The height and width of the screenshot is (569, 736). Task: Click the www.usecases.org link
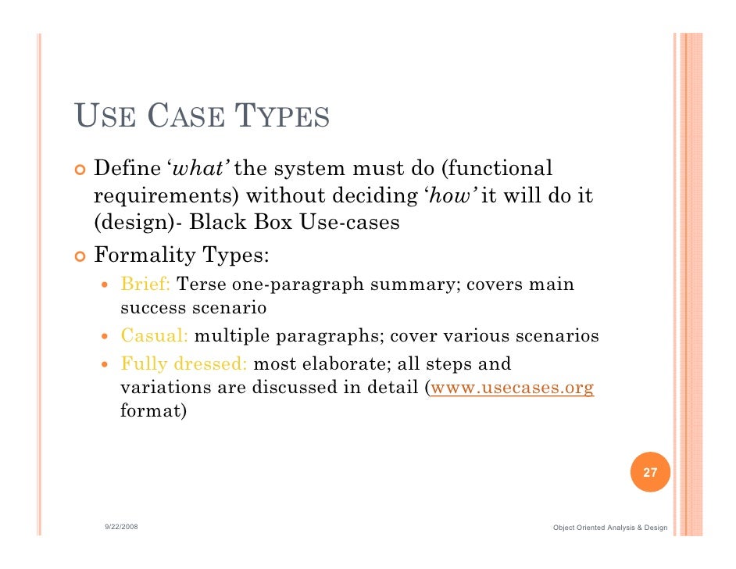pyautogui.click(x=513, y=388)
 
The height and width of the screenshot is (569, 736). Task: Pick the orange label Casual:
pyautogui.click(x=154, y=337)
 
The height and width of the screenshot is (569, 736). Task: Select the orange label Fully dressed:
pyautogui.click(x=184, y=363)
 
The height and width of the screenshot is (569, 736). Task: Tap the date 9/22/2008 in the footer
pyautogui.click(x=122, y=528)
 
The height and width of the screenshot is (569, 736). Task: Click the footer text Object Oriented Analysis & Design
pyautogui.click(x=609, y=528)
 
